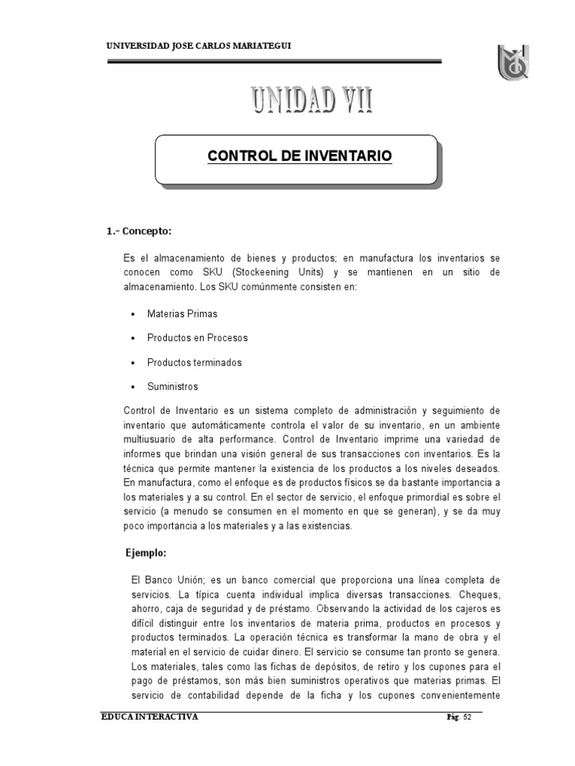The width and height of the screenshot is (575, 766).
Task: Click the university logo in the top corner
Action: click(516, 61)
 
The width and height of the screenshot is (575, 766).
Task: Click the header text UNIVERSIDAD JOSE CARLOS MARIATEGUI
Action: click(200, 46)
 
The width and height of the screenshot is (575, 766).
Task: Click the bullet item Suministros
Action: click(173, 387)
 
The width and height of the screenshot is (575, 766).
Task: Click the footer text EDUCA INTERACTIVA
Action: click(150, 717)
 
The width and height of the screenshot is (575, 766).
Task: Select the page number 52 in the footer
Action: click(468, 718)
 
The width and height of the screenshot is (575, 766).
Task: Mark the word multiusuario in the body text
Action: click(153, 438)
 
